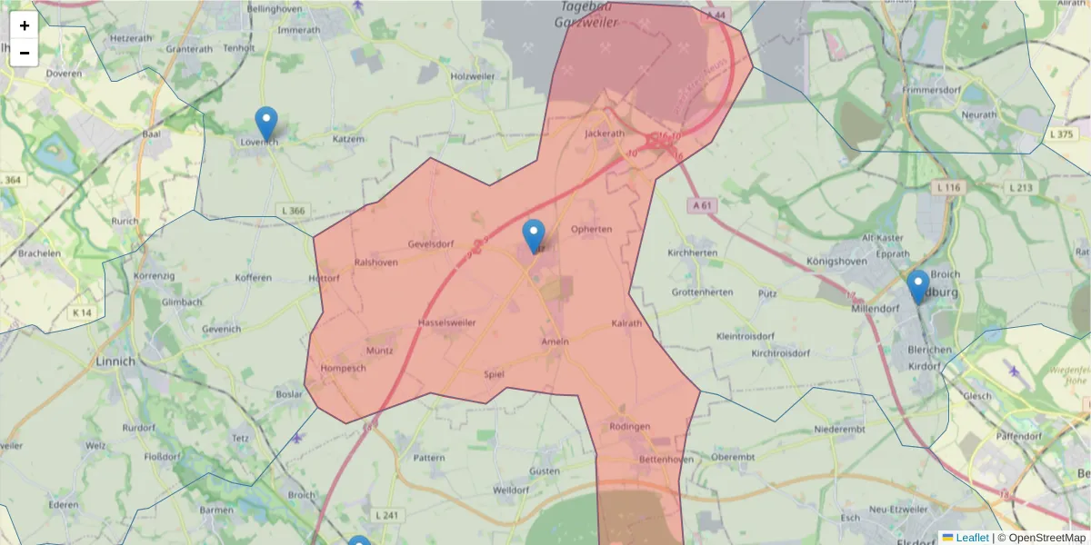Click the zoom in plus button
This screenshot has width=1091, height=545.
coord(25,25)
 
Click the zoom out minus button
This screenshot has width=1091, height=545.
coord(25,53)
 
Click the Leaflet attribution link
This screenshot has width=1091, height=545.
coord(972,538)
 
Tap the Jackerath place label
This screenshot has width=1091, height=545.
coord(606,133)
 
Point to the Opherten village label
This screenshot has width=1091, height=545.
coord(591,229)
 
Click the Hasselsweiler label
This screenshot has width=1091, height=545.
coord(446,322)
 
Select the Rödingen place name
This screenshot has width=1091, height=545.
coord(630,426)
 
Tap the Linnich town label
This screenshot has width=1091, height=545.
coord(115,361)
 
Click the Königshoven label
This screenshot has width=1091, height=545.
coord(836,261)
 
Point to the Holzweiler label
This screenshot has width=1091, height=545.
coord(473,76)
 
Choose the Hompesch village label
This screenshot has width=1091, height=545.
coord(343,368)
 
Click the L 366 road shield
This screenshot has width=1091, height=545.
coord(295,211)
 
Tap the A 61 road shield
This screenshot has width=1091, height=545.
coord(702,205)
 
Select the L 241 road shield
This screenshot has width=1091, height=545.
coord(386,515)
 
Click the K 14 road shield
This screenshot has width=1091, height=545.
coord(82,312)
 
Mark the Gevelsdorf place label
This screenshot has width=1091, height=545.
coord(431,244)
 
